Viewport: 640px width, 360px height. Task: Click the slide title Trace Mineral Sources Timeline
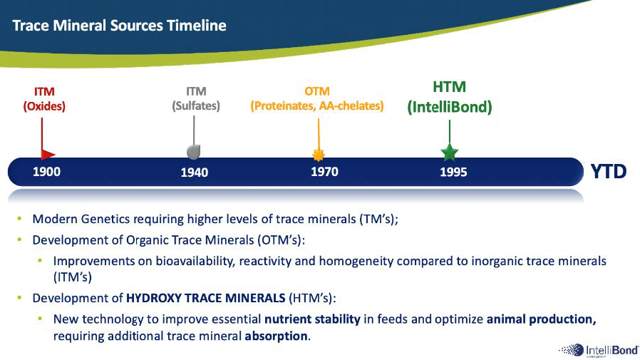click(x=119, y=26)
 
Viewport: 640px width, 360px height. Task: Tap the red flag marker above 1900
click(x=47, y=154)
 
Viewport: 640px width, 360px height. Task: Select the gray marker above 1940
click(x=193, y=151)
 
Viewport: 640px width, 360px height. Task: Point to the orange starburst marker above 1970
click(x=319, y=155)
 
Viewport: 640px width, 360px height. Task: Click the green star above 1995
click(x=450, y=153)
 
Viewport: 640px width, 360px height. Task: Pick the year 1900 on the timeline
click(x=46, y=171)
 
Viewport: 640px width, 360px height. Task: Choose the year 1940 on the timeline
click(x=195, y=173)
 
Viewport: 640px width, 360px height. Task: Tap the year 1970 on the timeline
click(x=324, y=171)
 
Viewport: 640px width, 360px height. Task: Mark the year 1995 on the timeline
click(x=453, y=172)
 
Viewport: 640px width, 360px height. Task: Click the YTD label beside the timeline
click(x=609, y=171)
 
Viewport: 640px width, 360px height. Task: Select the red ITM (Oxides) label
click(x=44, y=99)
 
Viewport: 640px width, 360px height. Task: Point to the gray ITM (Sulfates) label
click(x=196, y=99)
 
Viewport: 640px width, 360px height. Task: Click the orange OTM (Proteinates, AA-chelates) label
click(x=317, y=99)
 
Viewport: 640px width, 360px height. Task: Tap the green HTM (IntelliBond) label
click(x=450, y=97)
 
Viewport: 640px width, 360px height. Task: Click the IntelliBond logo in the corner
click(x=599, y=350)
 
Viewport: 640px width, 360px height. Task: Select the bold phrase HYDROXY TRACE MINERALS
click(x=206, y=298)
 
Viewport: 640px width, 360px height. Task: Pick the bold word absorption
click(x=276, y=336)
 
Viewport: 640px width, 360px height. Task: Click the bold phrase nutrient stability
click(x=312, y=319)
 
